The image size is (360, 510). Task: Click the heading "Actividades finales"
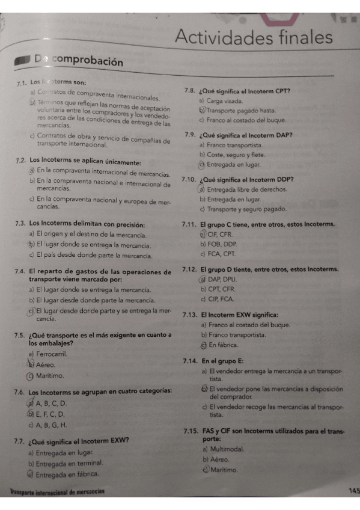(254, 38)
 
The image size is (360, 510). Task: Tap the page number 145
(353, 491)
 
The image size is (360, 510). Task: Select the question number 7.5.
(20, 335)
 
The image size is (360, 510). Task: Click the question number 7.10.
(190, 180)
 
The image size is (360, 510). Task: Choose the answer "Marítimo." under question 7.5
(50, 376)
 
